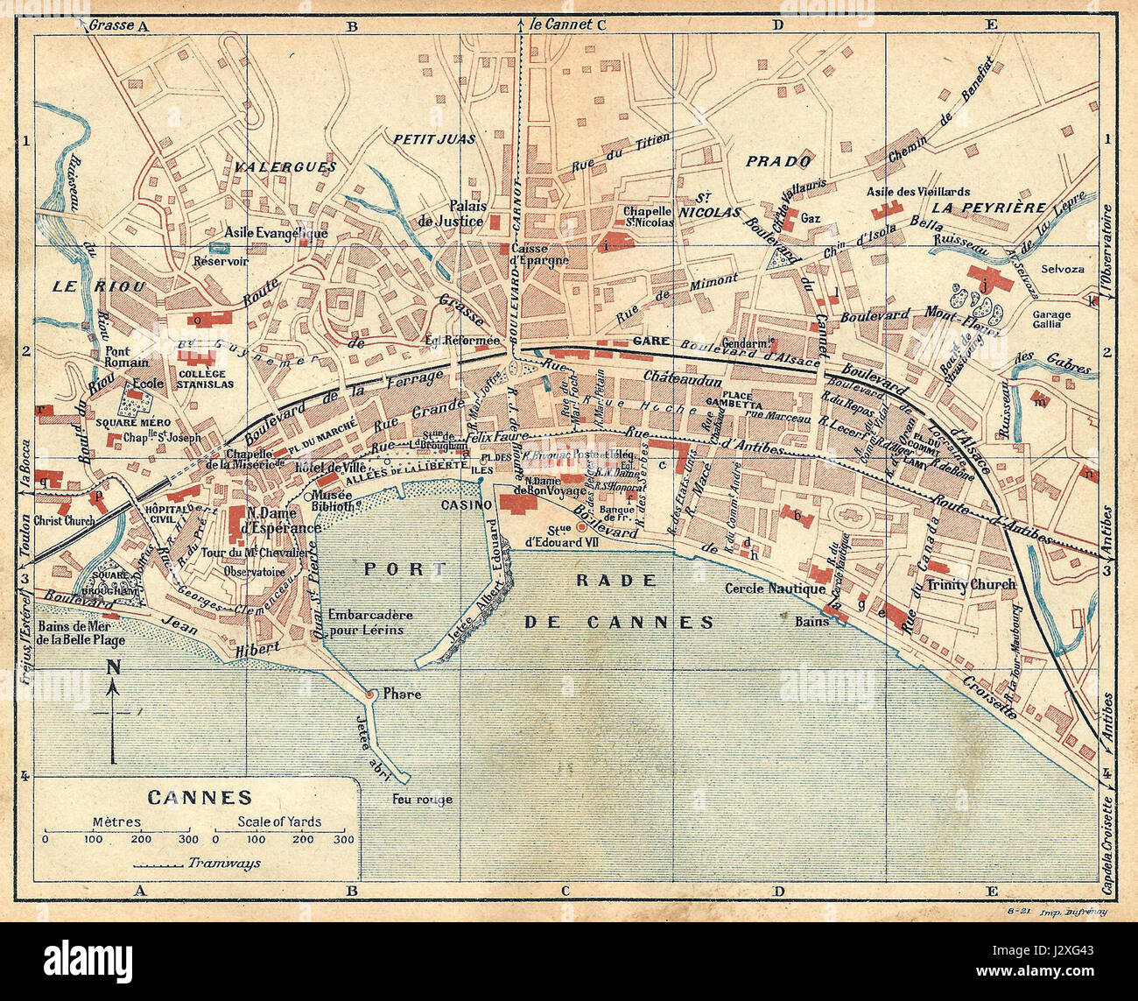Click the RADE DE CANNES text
[620, 602]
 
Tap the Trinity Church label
[971, 584]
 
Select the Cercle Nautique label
[775, 589]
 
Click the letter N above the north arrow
[114, 667]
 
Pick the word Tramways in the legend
[223, 863]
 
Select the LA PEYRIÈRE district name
[988, 208]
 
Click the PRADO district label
[778, 161]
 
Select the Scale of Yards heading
[279, 821]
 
